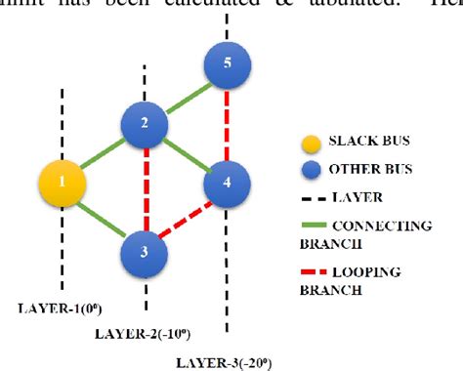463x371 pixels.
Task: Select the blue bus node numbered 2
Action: tap(146, 124)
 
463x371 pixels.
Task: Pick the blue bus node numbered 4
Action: tap(227, 183)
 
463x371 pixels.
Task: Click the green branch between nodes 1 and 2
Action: tap(105, 154)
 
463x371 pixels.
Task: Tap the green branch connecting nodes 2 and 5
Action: tap(187, 96)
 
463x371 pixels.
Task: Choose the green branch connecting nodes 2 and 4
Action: tap(187, 154)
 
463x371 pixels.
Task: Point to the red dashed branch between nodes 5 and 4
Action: tap(228, 125)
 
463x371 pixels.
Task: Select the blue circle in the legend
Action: tap(311, 169)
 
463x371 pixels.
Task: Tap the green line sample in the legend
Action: tap(311, 226)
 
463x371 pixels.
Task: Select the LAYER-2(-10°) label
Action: tap(146, 334)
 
